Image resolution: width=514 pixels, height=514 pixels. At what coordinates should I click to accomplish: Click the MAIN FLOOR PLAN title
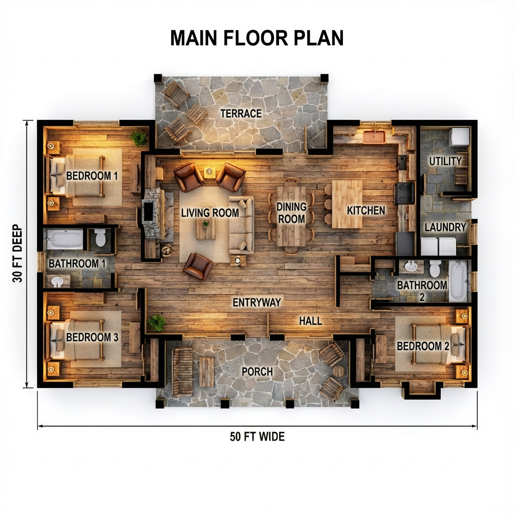pos(256,38)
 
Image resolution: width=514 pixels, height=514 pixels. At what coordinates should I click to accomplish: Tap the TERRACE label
pos(241,113)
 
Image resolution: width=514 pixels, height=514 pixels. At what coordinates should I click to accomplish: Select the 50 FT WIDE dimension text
pos(257,436)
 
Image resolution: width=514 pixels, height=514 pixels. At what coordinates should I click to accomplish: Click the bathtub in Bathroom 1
pos(65,239)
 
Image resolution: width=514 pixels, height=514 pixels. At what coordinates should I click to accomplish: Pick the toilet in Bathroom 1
pos(100,237)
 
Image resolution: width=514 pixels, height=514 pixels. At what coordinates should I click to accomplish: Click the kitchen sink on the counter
pos(374,136)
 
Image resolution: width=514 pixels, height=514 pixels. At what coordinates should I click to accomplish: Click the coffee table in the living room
pos(206,229)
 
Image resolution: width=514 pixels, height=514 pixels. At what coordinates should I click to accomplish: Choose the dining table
pos(291,216)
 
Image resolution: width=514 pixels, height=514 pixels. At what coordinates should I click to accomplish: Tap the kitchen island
pos(347,204)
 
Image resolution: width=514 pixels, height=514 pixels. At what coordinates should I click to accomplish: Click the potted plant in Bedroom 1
pos(138,137)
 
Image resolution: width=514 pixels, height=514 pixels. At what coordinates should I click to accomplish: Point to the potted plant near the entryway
pos(157,322)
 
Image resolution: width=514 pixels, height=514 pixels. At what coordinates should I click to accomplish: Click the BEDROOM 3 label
pos(92,337)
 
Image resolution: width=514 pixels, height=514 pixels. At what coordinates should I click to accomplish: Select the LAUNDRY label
pos(445,227)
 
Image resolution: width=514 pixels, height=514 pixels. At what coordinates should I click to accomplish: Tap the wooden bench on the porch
pos(182,371)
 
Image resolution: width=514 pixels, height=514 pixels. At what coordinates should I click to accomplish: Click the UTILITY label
pos(445,161)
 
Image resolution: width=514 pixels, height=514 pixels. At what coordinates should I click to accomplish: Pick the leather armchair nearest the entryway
pos(197,266)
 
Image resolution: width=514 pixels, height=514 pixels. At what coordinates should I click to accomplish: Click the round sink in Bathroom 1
pos(58,282)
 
